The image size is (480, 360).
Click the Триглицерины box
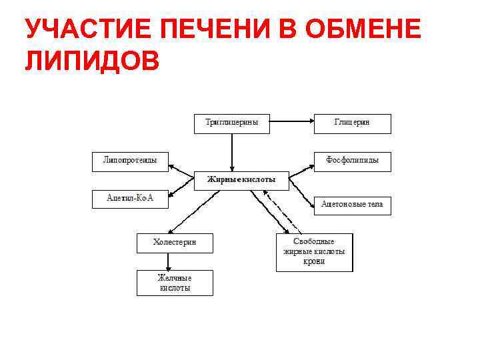tap(232, 123)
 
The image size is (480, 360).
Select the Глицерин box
tap(352, 123)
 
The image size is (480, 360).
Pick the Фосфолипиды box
tap(352, 161)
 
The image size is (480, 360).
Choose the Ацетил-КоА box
tap(130, 199)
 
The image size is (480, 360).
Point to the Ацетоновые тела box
tap(352, 205)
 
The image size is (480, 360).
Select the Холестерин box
tap(175, 243)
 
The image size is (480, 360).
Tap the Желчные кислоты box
tap(175, 283)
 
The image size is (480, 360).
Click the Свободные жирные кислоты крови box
tap(314, 252)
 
